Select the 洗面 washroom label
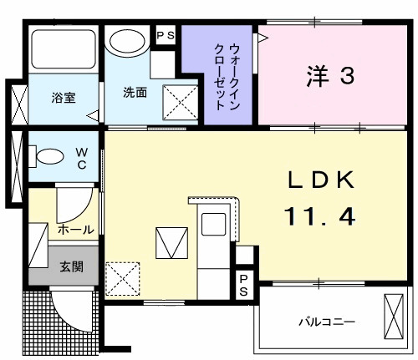135,92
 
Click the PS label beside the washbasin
165,35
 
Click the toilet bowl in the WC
49,155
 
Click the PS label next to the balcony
243,285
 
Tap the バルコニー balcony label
328,322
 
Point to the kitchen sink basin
215,225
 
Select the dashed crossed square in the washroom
177,104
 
